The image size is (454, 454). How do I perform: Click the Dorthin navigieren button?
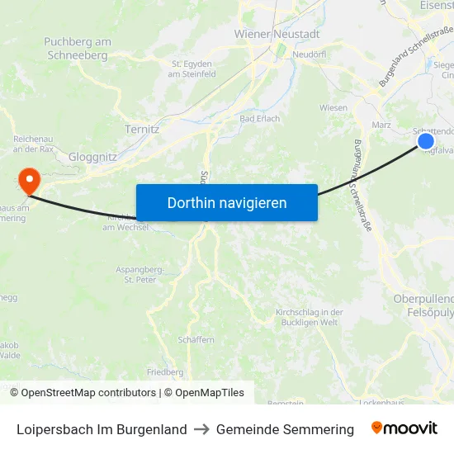[227, 202]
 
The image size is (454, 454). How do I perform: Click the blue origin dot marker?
[426, 141]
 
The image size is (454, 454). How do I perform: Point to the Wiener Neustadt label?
[277, 35]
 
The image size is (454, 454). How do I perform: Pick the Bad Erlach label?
[259, 119]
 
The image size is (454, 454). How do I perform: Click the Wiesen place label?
[333, 108]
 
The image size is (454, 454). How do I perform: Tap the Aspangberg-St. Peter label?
[140, 274]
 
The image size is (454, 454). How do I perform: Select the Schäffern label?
[195, 339]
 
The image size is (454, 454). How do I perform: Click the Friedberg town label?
[164, 372]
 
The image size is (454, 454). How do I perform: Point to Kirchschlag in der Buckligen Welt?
[308, 317]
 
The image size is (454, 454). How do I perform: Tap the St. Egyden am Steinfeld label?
[193, 69]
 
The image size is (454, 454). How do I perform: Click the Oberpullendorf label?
[423, 298]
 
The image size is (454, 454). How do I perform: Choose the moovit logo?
[404, 428]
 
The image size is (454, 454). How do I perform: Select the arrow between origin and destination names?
[201, 429]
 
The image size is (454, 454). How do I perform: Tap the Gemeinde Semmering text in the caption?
[285, 429]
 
